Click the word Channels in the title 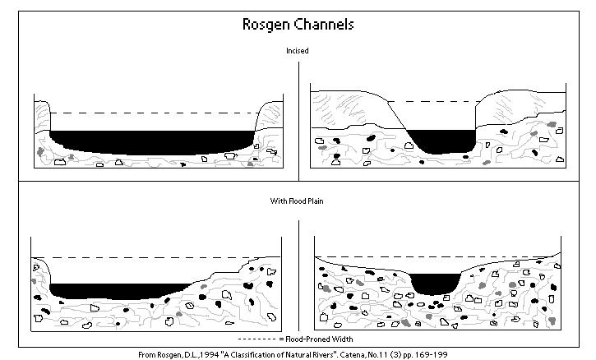325,24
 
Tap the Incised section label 298,51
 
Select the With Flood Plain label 298,201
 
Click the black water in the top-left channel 152,141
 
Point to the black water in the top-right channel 442,141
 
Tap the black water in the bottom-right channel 435,283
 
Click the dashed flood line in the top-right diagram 436,103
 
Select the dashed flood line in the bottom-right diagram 436,257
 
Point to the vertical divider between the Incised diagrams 298,119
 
